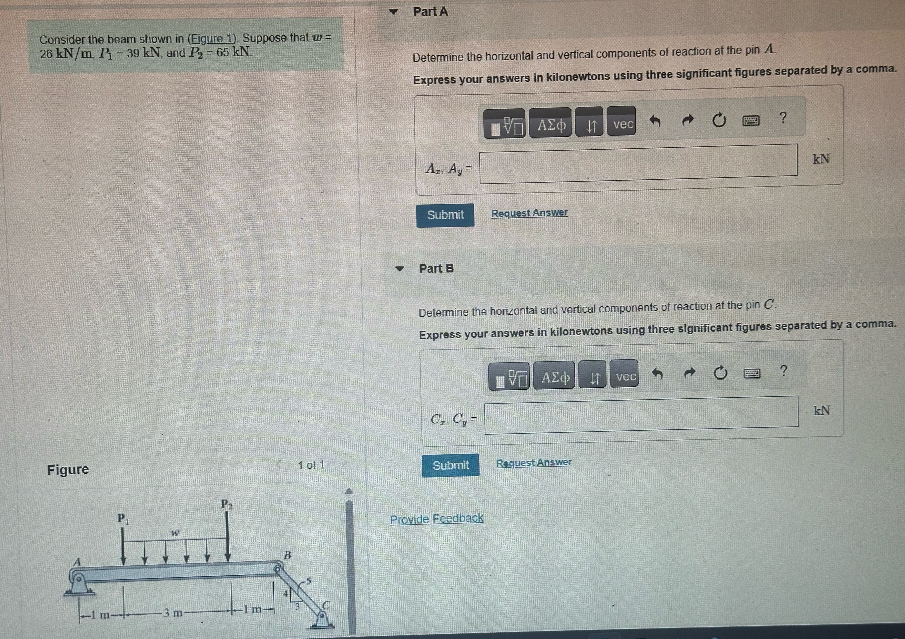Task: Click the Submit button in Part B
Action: (451, 465)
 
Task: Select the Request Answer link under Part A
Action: (529, 213)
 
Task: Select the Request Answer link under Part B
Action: (534, 463)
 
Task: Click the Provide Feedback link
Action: (436, 519)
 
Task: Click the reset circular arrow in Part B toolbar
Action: (720, 373)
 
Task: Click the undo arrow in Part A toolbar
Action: (655, 121)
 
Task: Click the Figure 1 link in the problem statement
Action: (212, 39)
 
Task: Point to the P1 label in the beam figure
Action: (123, 518)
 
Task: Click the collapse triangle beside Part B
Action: (400, 269)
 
